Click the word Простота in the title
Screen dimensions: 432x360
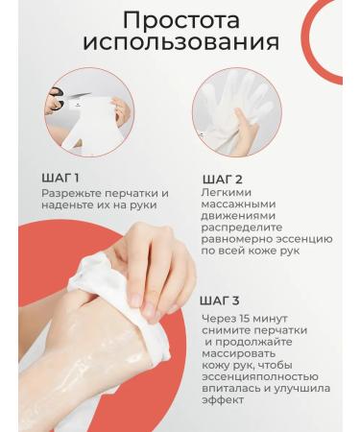click(180, 20)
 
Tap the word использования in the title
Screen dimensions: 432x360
click(180, 43)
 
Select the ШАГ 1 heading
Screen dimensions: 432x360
click(60, 178)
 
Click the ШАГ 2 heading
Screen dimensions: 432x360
click(223, 180)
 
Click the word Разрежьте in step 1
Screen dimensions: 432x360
click(72, 193)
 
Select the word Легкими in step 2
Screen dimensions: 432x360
click(228, 194)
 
